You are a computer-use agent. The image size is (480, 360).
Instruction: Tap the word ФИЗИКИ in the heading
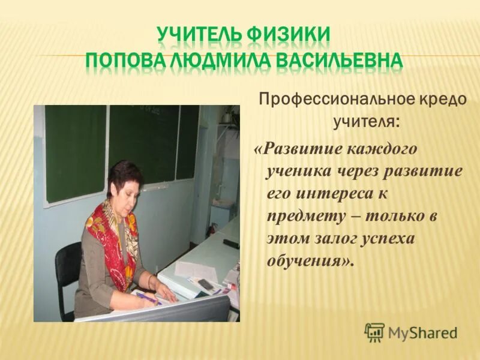tap(289, 34)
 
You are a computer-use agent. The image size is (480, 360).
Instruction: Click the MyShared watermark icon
tap(374, 332)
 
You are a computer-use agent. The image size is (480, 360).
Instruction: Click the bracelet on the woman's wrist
tap(150, 282)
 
